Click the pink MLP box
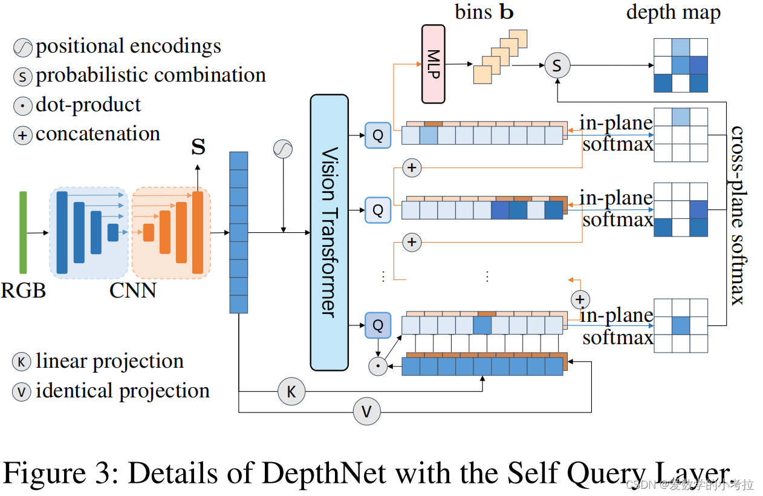click(x=433, y=64)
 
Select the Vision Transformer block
click(x=329, y=232)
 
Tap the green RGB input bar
click(x=23, y=232)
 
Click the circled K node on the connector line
click(x=291, y=392)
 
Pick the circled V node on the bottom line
click(x=366, y=412)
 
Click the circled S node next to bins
click(x=557, y=65)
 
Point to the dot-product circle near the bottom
click(x=378, y=365)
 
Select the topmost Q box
click(x=378, y=135)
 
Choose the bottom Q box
click(x=378, y=325)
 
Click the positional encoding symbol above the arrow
click(x=283, y=148)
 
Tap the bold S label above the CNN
click(x=198, y=147)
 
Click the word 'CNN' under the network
click(x=133, y=291)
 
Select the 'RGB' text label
click(x=23, y=291)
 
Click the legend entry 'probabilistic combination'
click(x=151, y=75)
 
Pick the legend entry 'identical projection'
click(x=123, y=391)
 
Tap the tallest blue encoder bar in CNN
click(x=62, y=232)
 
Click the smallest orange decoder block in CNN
click(x=148, y=232)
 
